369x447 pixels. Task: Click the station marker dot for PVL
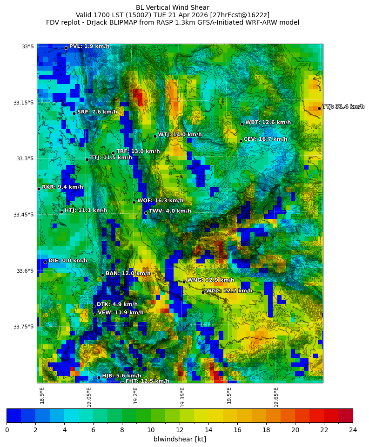click(66, 48)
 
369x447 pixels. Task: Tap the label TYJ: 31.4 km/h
click(343, 107)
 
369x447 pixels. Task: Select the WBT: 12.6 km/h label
click(268, 123)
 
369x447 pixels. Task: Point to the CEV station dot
click(241, 141)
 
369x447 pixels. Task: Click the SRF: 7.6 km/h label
click(97, 112)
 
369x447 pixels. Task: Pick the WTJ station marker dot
click(155, 136)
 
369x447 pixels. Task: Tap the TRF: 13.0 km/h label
click(138, 151)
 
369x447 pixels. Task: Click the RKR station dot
click(39, 189)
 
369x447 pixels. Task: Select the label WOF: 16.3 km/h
click(160, 201)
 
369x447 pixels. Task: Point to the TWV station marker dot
click(146, 213)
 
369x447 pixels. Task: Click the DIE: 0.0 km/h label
click(67, 261)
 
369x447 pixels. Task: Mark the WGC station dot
click(203, 292)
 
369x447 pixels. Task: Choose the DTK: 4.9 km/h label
click(117, 305)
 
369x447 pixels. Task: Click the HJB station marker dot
click(99, 377)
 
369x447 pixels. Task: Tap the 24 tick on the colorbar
click(353, 430)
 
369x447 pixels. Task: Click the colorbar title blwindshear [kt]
click(180, 439)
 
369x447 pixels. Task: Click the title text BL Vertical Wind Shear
click(173, 8)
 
